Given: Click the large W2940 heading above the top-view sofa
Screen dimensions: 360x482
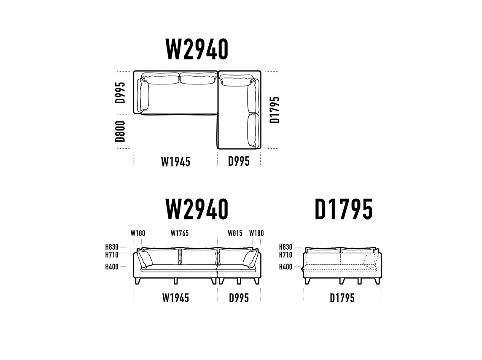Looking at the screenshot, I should tap(197, 49).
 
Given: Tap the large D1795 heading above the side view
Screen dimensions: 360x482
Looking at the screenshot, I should tap(344, 210).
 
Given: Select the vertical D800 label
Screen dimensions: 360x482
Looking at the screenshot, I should tap(121, 131).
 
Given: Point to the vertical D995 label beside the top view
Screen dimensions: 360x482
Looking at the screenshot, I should tap(121, 93).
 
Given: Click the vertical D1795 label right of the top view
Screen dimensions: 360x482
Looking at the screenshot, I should tap(275, 110).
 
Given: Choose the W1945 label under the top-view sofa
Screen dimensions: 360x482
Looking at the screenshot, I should tap(175, 161).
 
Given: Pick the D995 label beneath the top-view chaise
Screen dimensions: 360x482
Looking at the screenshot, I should tap(239, 161).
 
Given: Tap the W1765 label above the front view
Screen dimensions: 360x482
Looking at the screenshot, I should tap(180, 233).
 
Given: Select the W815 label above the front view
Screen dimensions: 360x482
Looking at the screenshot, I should tap(235, 233).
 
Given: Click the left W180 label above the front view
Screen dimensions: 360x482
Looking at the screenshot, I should tap(138, 233).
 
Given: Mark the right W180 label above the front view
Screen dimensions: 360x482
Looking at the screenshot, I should tap(256, 233).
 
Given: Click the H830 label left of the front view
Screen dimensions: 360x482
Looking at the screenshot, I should tap(112, 247).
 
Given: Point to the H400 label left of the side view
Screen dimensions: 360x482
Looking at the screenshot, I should tap(285, 267).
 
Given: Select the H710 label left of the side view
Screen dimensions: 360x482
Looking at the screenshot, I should tap(285, 255).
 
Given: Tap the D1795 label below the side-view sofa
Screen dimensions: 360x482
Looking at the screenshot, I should tap(342, 298).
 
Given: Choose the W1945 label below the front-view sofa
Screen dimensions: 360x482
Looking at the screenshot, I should tap(175, 298).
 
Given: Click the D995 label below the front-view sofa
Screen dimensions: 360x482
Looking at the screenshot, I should tap(239, 298).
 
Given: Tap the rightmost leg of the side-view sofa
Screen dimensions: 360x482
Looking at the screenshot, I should tap(377, 281).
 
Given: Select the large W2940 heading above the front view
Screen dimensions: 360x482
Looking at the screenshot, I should tap(197, 210).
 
